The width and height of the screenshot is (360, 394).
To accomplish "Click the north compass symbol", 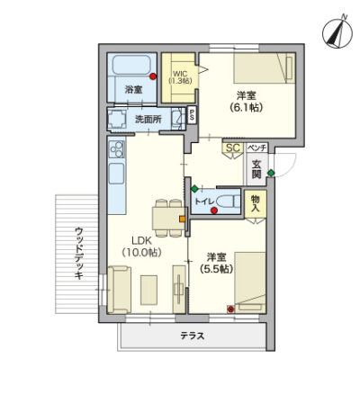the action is click(337, 32).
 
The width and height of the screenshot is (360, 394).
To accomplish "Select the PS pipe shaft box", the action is click(192, 115).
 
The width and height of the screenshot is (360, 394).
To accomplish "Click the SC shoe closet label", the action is click(233, 148).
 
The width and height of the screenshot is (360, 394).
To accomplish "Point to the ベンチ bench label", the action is click(256, 148).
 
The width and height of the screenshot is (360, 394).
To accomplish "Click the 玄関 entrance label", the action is click(256, 169).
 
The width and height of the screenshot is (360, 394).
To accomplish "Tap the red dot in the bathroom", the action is click(153, 76).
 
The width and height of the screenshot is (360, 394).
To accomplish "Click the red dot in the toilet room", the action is click(214, 210).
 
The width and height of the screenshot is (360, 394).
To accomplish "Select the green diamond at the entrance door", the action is click(271, 173).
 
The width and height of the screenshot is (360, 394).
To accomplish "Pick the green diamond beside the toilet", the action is click(194, 189).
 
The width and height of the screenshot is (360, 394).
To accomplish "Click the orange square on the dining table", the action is click(182, 219).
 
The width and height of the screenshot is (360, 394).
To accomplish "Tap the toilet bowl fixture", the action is click(229, 201).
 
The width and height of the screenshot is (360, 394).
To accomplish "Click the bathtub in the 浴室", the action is click(131, 65).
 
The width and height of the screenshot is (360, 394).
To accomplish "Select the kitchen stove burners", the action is click(117, 149).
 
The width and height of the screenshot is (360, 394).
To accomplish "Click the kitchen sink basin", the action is click(116, 174).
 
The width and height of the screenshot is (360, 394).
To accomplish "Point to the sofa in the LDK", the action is click(120, 290).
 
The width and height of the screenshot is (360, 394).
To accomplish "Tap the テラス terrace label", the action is click(193, 336).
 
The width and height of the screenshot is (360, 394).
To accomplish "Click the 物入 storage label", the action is click(256, 203).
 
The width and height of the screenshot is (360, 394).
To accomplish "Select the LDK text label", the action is click(142, 240).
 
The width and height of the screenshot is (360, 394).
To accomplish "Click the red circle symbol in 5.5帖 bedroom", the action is click(230, 309).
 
